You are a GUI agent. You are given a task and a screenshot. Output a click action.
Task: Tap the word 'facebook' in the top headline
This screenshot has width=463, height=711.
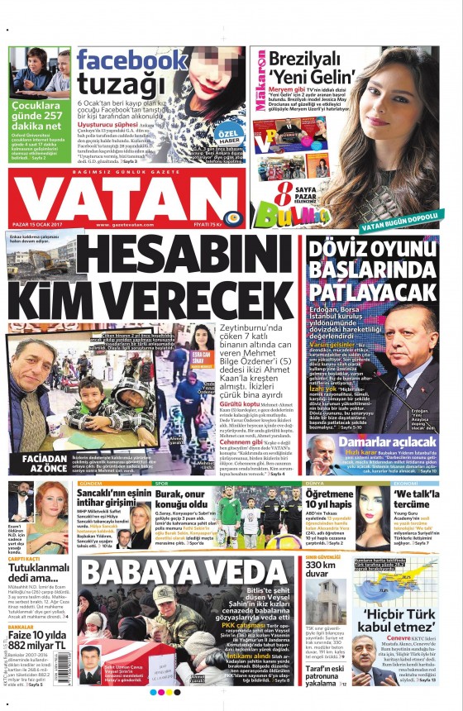tap(131, 61)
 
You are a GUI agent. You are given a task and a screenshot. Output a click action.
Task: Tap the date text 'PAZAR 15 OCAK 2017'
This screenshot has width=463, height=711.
tap(41, 224)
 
